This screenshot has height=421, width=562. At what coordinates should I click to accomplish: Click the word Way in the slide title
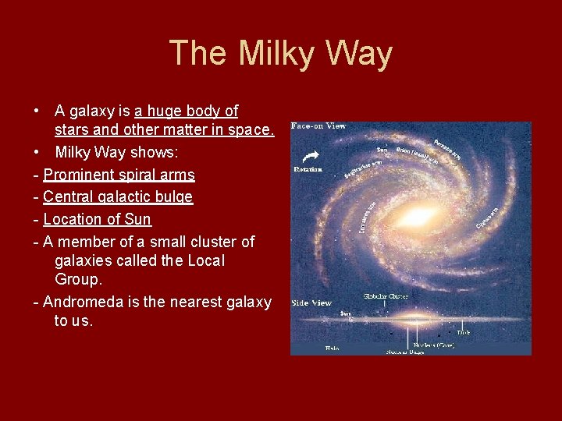(361, 54)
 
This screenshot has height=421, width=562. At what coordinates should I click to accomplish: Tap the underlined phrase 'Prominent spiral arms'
(119, 175)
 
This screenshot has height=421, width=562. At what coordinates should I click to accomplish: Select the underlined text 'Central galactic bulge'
(118, 197)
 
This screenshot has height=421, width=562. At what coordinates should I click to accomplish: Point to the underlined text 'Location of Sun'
(97, 219)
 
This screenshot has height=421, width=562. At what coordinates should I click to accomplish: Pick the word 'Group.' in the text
(79, 279)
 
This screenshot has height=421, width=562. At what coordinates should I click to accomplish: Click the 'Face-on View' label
(318, 126)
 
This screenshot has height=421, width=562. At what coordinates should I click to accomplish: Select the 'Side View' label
(311, 302)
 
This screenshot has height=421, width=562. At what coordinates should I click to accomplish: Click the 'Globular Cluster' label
(386, 296)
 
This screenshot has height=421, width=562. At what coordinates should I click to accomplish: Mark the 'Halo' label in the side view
(332, 348)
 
